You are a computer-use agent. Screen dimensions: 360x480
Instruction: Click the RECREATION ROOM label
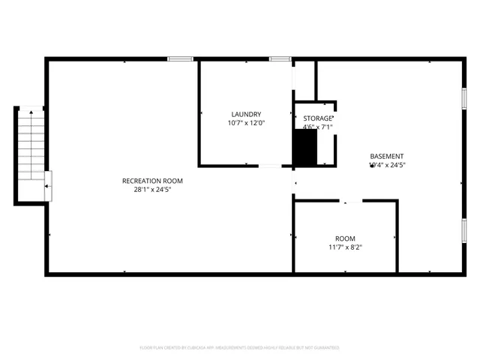tap(152, 181)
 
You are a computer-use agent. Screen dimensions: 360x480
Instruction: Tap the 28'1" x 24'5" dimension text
tap(152, 190)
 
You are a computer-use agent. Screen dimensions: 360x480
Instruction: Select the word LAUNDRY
tap(246, 114)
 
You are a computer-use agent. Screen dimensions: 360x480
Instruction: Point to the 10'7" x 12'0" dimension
tap(246, 123)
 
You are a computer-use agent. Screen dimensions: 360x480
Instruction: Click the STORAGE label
tap(317, 118)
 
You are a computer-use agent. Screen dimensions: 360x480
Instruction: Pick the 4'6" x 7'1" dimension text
tap(317, 127)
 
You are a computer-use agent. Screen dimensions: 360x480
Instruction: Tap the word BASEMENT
tap(386, 156)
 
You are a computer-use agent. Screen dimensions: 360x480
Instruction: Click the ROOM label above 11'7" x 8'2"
tap(345, 238)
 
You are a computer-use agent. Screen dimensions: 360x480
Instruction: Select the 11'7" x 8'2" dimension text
tap(345, 247)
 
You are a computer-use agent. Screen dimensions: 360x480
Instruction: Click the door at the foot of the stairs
tap(48, 186)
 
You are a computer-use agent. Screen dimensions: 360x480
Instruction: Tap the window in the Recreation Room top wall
tap(180, 58)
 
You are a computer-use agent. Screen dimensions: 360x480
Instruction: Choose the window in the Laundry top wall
tap(280, 58)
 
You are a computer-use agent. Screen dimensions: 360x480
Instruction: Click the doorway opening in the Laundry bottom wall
tap(270, 166)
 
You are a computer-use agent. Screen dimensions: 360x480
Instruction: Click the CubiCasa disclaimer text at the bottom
tap(240, 348)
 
